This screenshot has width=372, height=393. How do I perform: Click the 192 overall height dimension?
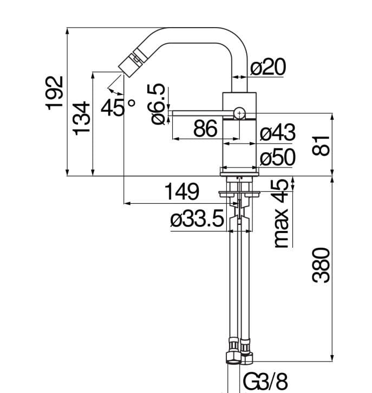click(x=54, y=93)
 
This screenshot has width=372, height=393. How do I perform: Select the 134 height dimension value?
click(x=81, y=118)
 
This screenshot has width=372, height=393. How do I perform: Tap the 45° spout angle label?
click(x=118, y=107)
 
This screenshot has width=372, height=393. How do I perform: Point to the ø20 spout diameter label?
click(x=268, y=67)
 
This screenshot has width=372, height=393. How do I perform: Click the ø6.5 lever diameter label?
click(x=156, y=104)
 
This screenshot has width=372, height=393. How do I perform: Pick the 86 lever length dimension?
click(x=205, y=128)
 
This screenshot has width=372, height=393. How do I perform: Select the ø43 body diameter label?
click(x=278, y=132)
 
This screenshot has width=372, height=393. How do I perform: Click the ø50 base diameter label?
click(x=278, y=157)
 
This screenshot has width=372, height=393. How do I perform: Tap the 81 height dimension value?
click(x=321, y=145)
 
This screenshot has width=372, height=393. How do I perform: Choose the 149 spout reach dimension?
click(x=182, y=192)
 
